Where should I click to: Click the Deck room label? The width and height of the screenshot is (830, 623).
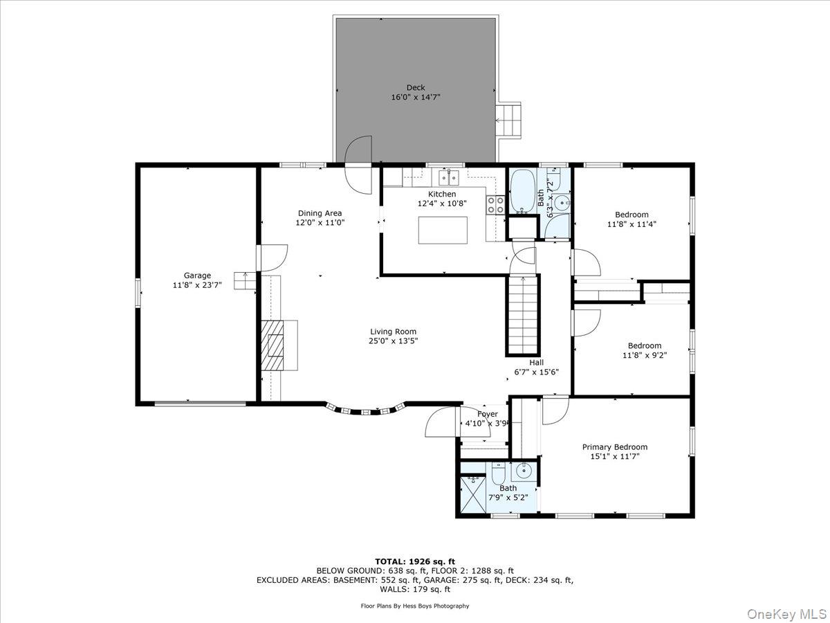click(x=416, y=87)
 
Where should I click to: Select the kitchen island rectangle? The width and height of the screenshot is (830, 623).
click(x=443, y=230)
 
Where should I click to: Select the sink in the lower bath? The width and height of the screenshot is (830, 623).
click(x=524, y=471)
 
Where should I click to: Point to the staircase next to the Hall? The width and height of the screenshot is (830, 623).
click(x=524, y=314)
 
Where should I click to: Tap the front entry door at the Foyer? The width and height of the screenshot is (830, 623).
click(x=442, y=422)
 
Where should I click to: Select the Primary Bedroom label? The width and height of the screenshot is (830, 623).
click(x=614, y=447)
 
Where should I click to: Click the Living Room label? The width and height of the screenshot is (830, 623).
click(x=393, y=332)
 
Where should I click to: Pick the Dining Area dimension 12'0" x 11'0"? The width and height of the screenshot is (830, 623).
click(x=320, y=223)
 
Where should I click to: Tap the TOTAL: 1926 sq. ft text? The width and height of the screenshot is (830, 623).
click(x=415, y=561)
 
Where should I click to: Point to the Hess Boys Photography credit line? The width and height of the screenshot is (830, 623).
click(x=415, y=606)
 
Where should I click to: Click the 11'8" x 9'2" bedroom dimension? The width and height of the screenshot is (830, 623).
click(x=644, y=356)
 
